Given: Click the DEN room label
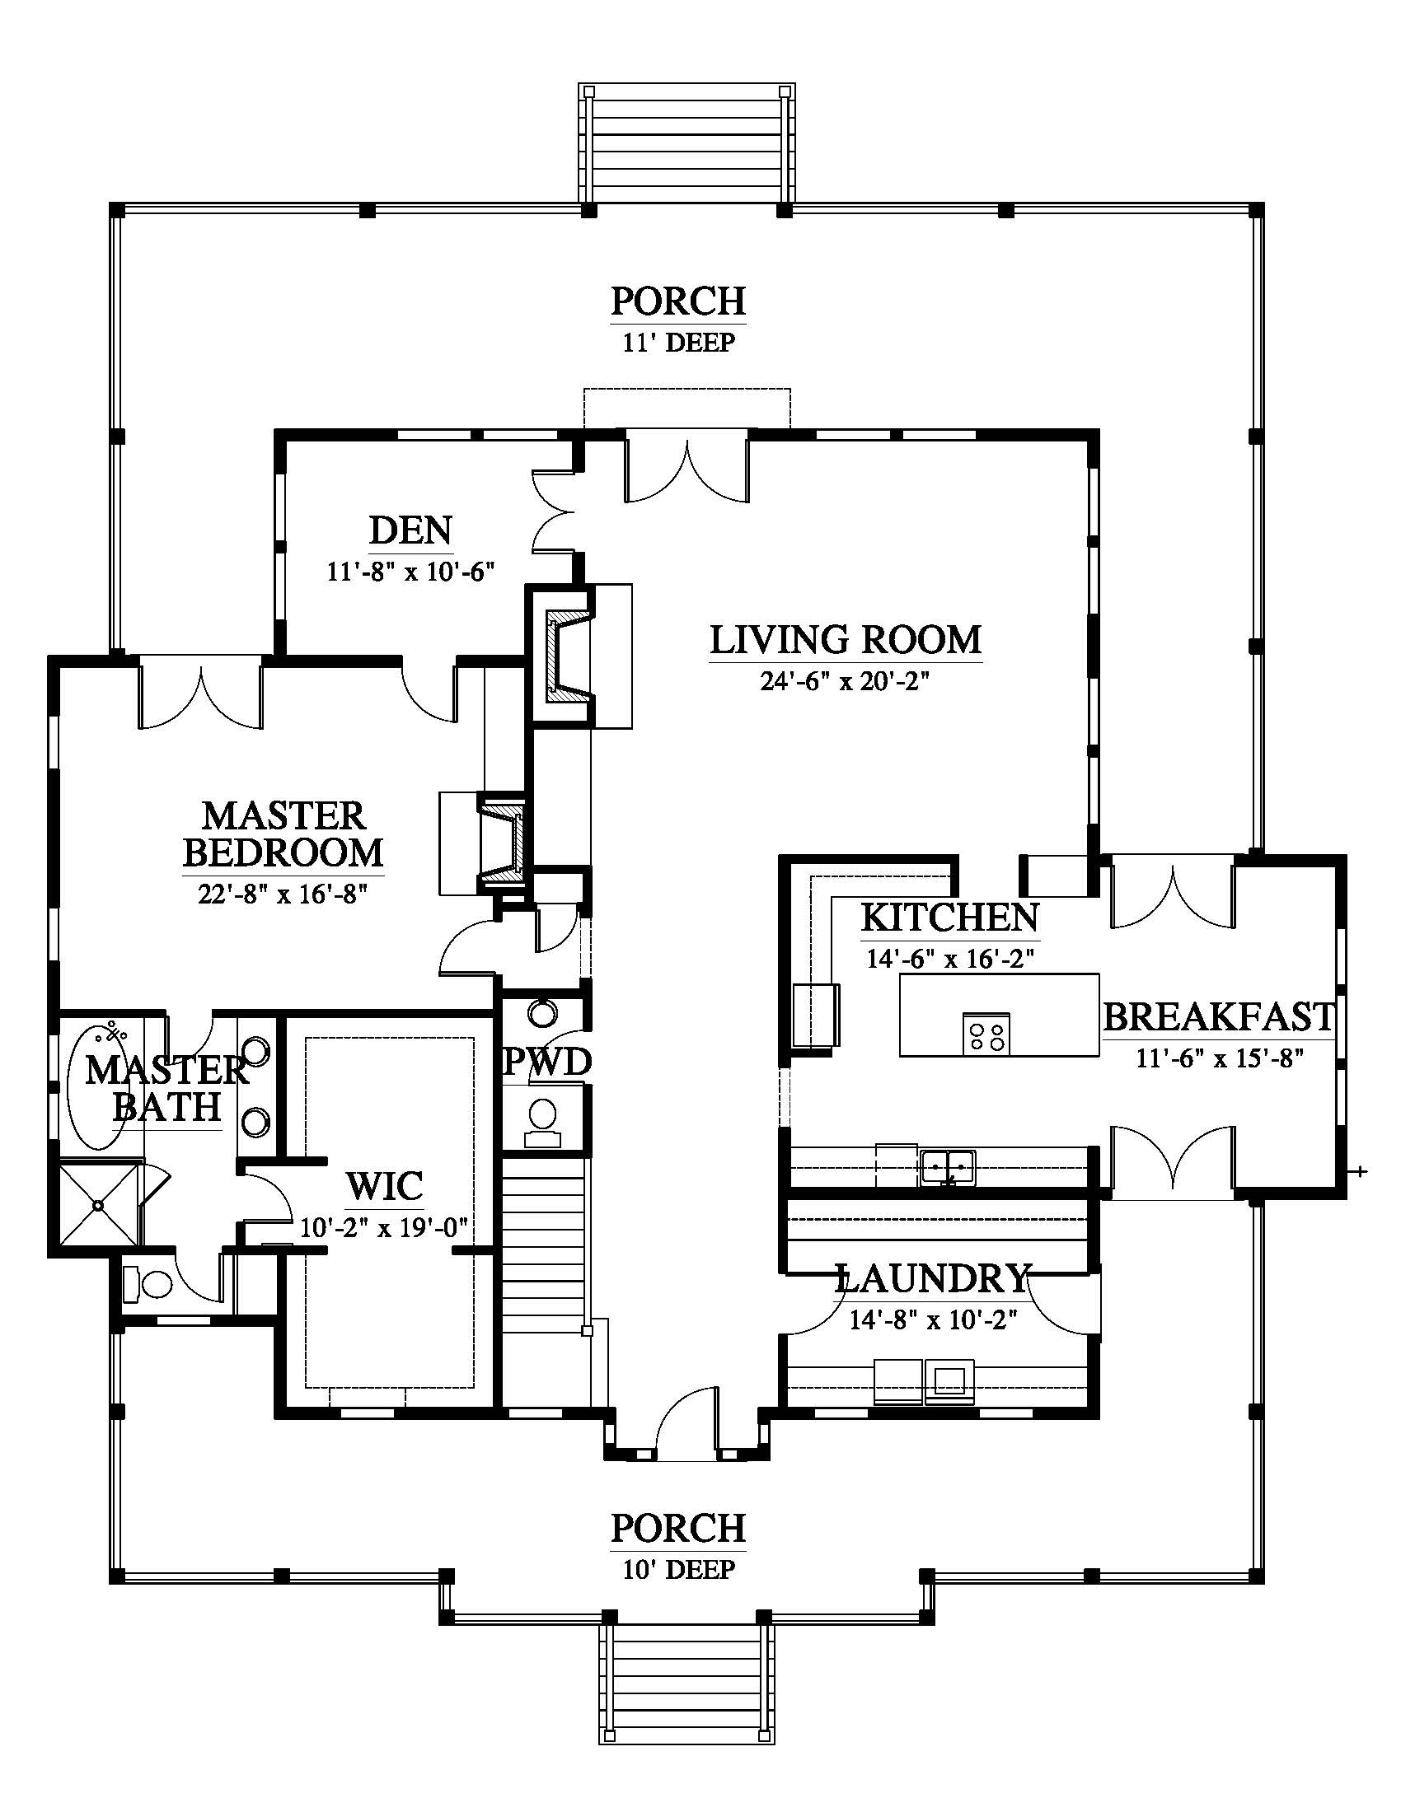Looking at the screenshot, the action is tap(411, 530).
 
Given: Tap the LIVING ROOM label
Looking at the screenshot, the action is tap(846, 640).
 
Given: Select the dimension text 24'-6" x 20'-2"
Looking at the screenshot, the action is tap(844, 681).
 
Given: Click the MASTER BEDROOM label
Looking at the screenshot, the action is tap(283, 834).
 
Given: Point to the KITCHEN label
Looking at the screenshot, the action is tap(949, 918).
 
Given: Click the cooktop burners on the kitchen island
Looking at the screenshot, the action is tap(986, 1034).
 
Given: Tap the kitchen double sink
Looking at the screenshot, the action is tap(948, 1166).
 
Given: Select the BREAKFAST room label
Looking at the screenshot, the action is tap(1218, 1017).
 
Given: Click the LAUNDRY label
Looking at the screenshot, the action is tap(934, 1278).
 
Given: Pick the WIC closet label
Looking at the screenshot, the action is tap(385, 1186).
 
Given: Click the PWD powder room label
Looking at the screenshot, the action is tap(547, 1062).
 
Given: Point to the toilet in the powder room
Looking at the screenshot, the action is tap(544, 1121).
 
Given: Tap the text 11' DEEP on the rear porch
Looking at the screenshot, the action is tap(679, 342).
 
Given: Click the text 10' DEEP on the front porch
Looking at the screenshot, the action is tap(679, 1569).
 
